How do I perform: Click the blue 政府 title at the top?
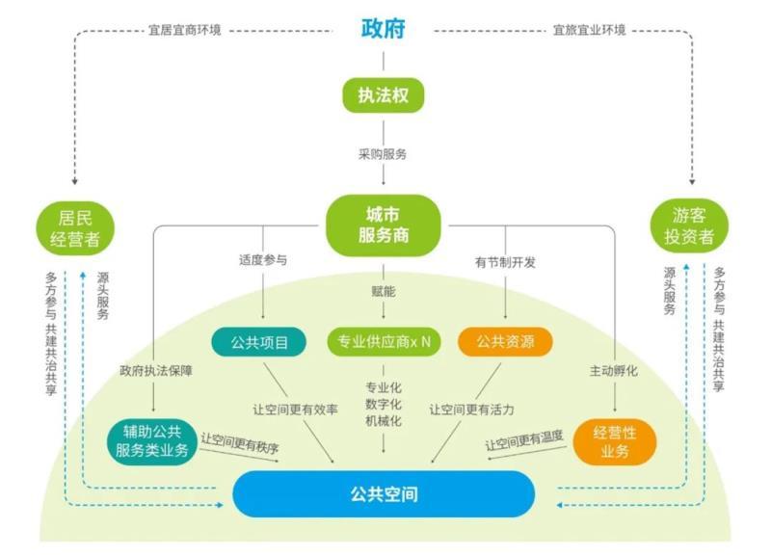coord(384,27)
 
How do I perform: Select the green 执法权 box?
coord(384,94)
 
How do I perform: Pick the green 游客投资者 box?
coord(689,227)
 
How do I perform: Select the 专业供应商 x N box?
coord(383,341)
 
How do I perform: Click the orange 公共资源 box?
coord(505,341)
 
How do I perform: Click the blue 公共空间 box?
coord(383,495)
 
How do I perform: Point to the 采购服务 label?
coord(383,153)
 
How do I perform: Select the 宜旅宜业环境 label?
coord(589,30)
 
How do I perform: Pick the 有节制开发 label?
coord(505,261)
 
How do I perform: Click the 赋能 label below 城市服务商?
coord(383,290)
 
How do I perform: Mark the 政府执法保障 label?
coord(155,370)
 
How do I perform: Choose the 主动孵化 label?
coord(614,370)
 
